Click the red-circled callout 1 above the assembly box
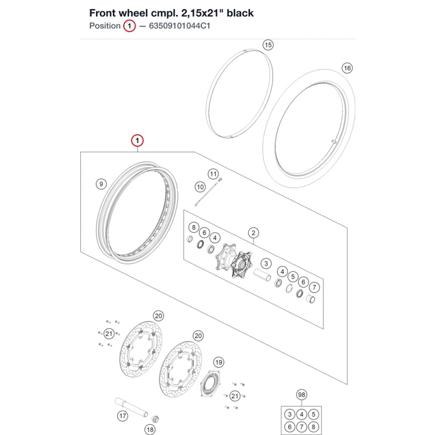137,141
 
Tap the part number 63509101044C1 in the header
180,26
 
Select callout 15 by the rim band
268,45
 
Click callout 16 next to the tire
347,68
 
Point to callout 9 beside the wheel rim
101,184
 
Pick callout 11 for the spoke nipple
213,174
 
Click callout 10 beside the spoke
200,187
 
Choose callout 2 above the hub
253,233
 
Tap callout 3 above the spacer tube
266,264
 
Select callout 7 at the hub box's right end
314,288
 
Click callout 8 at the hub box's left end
194,228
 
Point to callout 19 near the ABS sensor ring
219,362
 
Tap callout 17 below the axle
123,416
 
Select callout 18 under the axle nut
150,430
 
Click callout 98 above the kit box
301,395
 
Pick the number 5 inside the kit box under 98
314,415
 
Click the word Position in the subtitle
105,26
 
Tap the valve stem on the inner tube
334,142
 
